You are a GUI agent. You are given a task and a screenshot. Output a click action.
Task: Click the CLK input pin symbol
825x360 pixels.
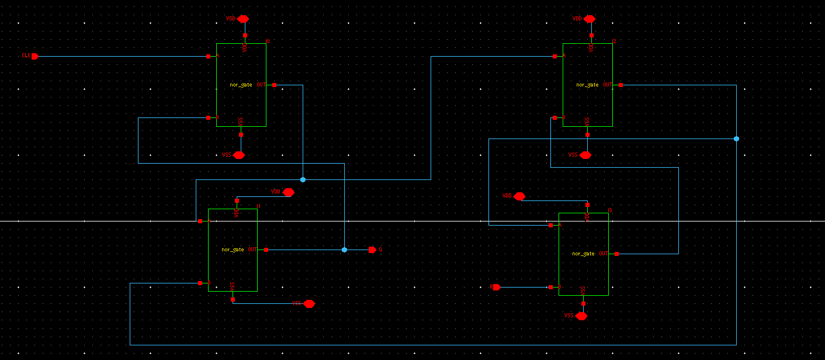pyautogui.click(x=34, y=56)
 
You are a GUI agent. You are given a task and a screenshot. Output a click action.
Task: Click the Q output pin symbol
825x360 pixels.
pyautogui.click(x=372, y=250)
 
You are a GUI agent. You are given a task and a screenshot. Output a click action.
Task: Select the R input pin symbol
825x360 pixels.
pyautogui.click(x=497, y=287)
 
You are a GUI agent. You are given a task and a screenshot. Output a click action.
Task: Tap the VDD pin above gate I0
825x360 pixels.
pyautogui.click(x=243, y=19)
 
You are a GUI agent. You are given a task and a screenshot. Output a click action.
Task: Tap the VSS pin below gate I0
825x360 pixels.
pyautogui.click(x=239, y=155)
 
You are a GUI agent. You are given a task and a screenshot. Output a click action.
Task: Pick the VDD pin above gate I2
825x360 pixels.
pyautogui.click(x=589, y=19)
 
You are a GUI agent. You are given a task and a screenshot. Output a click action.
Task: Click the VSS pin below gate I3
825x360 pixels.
pyautogui.click(x=581, y=316)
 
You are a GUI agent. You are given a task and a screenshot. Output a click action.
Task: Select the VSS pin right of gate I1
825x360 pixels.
pyautogui.click(x=309, y=303)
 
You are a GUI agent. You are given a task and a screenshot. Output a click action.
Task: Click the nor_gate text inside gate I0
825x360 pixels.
pyautogui.click(x=241, y=85)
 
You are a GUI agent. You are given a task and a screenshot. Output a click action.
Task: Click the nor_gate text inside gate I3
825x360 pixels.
pyautogui.click(x=583, y=254)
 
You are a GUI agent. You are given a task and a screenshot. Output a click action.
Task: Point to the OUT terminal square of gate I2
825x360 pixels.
pyautogui.click(x=621, y=85)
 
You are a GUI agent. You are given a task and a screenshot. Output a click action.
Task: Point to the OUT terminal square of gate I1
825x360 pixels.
pyautogui.click(x=266, y=250)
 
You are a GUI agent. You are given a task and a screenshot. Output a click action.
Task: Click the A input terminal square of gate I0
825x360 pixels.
pyautogui.click(x=208, y=56)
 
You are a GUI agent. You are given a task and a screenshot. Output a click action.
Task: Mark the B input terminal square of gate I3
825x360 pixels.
pyautogui.click(x=550, y=287)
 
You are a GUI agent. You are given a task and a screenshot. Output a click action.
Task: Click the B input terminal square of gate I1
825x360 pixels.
pyautogui.click(x=200, y=283)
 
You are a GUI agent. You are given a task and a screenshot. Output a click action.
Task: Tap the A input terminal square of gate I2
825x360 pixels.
pyautogui.click(x=554, y=56)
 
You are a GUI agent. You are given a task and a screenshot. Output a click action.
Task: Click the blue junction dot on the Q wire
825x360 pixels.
pyautogui.click(x=344, y=250)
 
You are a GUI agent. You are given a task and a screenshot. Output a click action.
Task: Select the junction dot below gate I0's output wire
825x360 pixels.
pyautogui.click(x=303, y=179)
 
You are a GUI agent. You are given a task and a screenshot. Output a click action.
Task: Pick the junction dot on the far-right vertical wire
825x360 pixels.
pyautogui.click(x=736, y=139)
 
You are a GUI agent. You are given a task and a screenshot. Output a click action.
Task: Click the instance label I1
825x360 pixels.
pyautogui.click(x=258, y=206)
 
